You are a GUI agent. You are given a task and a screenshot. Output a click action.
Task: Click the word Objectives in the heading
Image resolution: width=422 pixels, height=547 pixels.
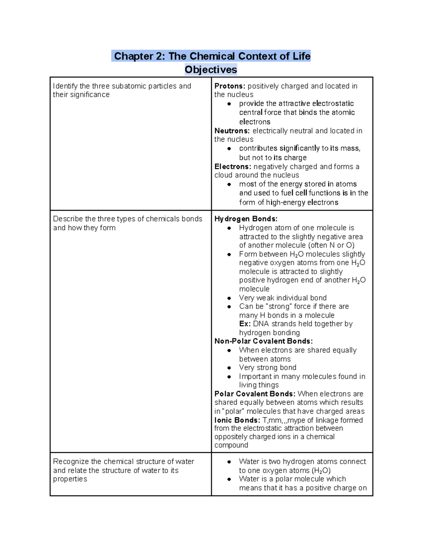(211, 69)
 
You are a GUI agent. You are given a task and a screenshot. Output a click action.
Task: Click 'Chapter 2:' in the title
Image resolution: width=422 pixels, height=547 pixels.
(139, 56)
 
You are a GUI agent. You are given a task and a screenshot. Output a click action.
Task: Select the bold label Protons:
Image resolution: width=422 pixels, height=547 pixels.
(230, 86)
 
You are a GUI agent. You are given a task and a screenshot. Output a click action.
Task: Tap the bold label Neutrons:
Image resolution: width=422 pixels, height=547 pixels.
(232, 131)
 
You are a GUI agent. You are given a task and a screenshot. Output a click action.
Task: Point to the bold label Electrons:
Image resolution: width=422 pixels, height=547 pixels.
(233, 167)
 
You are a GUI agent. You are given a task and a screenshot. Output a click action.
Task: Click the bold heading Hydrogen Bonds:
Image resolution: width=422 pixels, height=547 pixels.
(246, 219)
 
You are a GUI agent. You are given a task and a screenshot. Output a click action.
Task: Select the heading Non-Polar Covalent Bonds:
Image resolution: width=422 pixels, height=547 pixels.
(263, 341)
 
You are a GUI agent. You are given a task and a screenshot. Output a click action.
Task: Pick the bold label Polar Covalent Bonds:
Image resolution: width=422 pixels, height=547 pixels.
(255, 394)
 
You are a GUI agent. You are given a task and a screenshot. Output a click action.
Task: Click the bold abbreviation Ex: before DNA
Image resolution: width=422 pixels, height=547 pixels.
(245, 324)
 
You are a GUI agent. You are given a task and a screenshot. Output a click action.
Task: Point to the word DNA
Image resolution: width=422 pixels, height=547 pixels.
(261, 324)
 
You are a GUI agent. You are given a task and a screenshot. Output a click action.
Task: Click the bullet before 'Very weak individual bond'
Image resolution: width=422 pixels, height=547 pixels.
(229, 298)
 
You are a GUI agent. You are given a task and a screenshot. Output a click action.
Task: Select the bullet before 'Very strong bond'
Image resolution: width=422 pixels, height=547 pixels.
(229, 368)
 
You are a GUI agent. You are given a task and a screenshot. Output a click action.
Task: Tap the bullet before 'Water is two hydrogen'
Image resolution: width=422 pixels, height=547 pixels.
(229, 462)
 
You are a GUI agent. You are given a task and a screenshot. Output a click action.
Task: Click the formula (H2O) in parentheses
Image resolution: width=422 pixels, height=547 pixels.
(321, 471)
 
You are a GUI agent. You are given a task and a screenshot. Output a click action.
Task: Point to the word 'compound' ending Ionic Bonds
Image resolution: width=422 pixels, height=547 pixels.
(231, 445)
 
